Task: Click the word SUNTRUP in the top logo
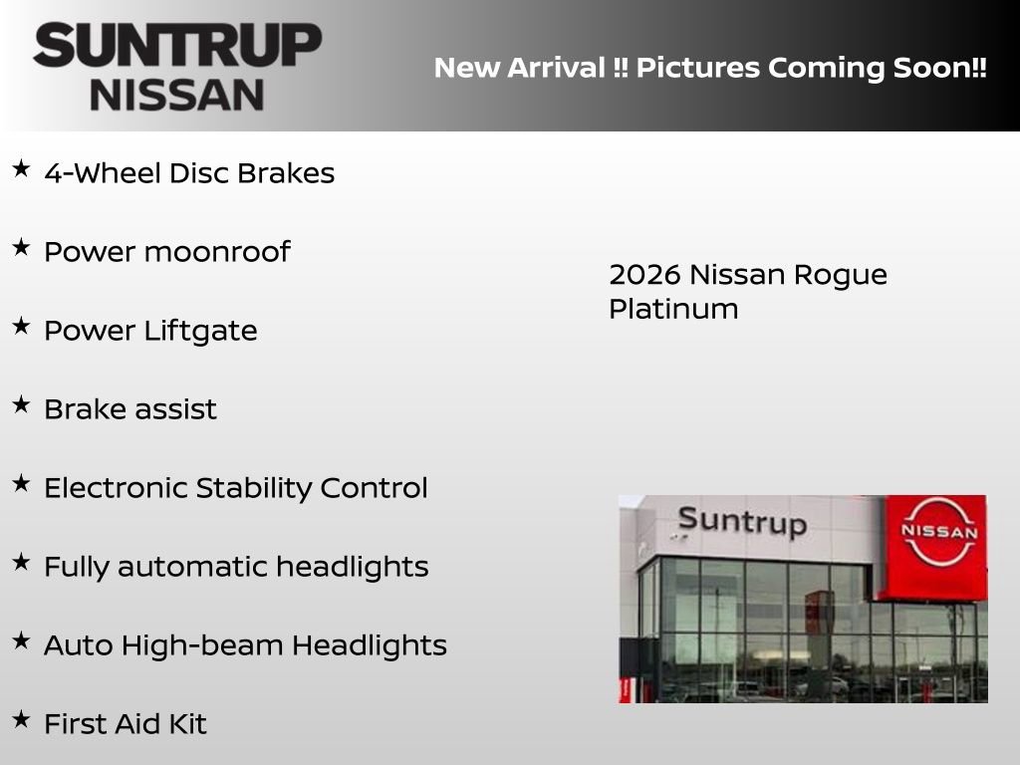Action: (177, 46)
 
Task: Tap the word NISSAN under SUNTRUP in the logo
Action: (177, 95)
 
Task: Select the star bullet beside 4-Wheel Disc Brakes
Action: (21, 169)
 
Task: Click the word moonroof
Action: (217, 252)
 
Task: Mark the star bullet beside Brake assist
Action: (21, 405)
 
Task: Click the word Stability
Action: (253, 488)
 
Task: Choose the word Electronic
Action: (116, 488)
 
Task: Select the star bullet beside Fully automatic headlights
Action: (21, 563)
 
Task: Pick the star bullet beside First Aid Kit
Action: (21, 720)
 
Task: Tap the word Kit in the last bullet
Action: (188, 724)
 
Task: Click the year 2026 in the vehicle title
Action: (644, 275)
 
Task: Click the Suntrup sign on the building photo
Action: (741, 521)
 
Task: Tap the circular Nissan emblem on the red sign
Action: (938, 532)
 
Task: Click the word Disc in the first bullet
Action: (198, 173)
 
